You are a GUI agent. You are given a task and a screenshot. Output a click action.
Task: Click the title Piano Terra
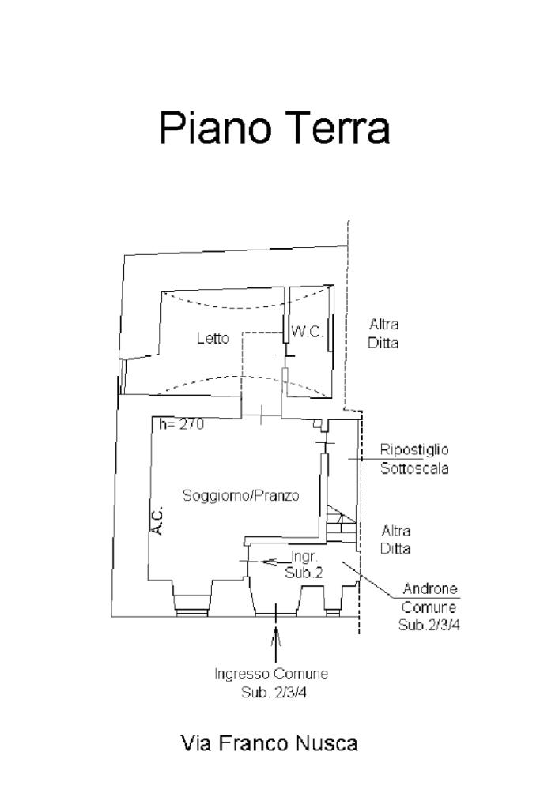274,128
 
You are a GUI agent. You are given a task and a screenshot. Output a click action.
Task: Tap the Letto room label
213,339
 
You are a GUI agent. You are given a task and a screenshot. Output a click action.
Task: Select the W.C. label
308,333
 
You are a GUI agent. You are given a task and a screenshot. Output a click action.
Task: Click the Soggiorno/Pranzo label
240,496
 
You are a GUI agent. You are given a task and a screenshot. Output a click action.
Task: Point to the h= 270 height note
182,425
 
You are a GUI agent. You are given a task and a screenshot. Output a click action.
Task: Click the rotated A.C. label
157,521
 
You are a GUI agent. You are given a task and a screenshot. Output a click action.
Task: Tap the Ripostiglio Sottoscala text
414,459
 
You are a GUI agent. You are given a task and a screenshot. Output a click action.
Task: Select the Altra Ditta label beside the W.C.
384,334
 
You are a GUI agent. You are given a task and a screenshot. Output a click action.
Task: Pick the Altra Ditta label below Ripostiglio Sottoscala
395,539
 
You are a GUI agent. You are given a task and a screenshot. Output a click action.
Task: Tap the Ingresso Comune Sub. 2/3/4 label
271,684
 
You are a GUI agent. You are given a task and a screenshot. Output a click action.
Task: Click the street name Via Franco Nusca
269,743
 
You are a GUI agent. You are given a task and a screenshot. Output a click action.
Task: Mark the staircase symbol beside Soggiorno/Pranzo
338,521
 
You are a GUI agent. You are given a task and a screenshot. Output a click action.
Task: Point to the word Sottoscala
414,468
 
